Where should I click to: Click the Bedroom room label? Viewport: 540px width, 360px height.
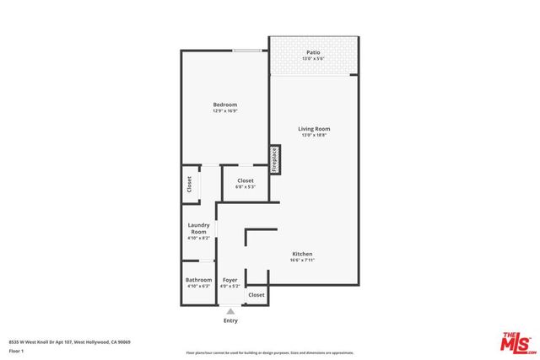pyautogui.click(x=224, y=105)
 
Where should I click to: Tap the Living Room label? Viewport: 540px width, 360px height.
pyautogui.click(x=313, y=129)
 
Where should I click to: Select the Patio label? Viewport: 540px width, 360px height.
pyautogui.click(x=313, y=53)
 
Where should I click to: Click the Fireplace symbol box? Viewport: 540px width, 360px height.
pyautogui.click(x=274, y=159)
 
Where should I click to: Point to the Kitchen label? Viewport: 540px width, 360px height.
pyautogui.click(x=302, y=254)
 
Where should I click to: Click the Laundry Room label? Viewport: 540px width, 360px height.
pyautogui.click(x=198, y=228)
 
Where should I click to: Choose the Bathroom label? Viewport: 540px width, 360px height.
pyautogui.click(x=199, y=279)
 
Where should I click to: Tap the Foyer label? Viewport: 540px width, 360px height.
pyautogui.click(x=229, y=279)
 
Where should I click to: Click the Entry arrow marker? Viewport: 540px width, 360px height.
pyautogui.click(x=229, y=311)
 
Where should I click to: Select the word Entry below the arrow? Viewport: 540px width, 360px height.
pyautogui.click(x=229, y=320)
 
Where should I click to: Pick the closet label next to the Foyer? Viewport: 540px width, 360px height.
pyautogui.click(x=256, y=295)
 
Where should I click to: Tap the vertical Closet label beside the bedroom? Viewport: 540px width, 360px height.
pyautogui.click(x=189, y=185)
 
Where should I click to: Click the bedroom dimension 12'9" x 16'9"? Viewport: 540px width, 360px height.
pyautogui.click(x=224, y=111)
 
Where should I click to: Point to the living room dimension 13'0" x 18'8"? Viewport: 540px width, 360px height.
pyautogui.click(x=313, y=136)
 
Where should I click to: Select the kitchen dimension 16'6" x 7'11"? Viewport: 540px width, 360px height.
pyautogui.click(x=302, y=261)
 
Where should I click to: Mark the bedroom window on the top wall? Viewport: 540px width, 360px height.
pyautogui.click(x=246, y=51)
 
